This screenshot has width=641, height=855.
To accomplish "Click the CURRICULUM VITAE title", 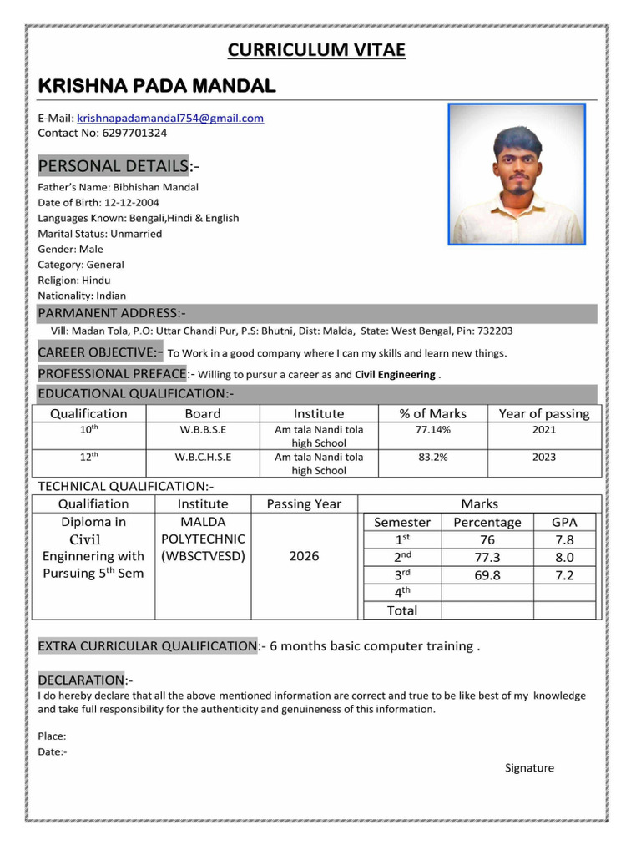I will [316, 50].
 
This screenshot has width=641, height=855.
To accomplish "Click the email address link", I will [170, 119].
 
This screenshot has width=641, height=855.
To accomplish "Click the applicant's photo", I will [517, 175].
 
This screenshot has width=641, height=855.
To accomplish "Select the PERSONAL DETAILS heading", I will [114, 165].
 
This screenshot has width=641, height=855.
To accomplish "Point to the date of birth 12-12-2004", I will [131, 203].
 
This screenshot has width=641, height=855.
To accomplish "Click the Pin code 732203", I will [495, 331].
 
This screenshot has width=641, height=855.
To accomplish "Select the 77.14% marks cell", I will [432, 430].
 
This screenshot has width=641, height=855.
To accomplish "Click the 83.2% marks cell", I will [432, 458].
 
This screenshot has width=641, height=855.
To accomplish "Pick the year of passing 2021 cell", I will [543, 430].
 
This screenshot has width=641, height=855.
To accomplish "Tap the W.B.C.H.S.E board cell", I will [203, 458].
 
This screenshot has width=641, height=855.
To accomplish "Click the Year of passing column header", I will [543, 414].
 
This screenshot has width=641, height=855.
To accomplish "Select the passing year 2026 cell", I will [304, 556].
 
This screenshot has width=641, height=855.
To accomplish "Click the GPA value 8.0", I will [564, 558].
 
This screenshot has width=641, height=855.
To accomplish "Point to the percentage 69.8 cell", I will [487, 575].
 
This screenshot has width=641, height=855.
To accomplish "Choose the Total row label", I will [402, 610].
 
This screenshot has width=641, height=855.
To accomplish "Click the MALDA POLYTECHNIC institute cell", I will [203, 539].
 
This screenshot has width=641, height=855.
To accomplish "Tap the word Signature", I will [529, 768].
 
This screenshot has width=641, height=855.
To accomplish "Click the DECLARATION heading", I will [81, 680].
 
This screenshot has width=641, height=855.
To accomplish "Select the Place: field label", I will [52, 736].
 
